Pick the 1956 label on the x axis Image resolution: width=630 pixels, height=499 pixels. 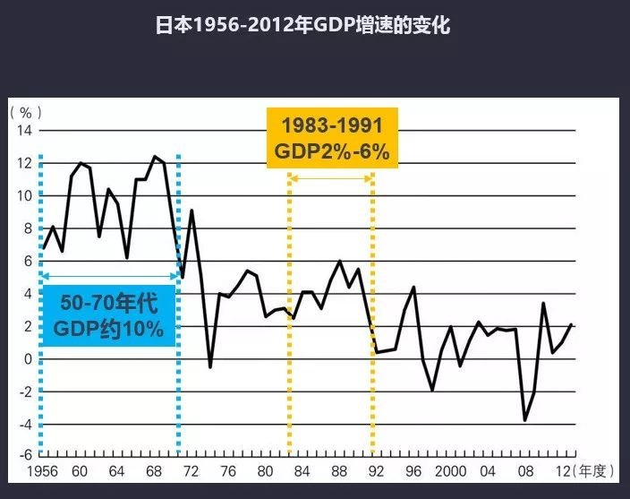tap(42, 472)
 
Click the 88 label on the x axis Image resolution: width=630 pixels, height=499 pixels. tap(339, 472)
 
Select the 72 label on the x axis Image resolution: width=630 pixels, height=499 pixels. tap(191, 472)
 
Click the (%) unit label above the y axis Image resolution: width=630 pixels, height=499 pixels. tap(26, 113)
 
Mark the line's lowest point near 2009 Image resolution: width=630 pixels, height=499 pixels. tap(524, 420)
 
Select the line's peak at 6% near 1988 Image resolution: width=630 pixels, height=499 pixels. tap(339, 261)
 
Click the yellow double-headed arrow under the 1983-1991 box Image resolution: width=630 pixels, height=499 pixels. tap(330, 178)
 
